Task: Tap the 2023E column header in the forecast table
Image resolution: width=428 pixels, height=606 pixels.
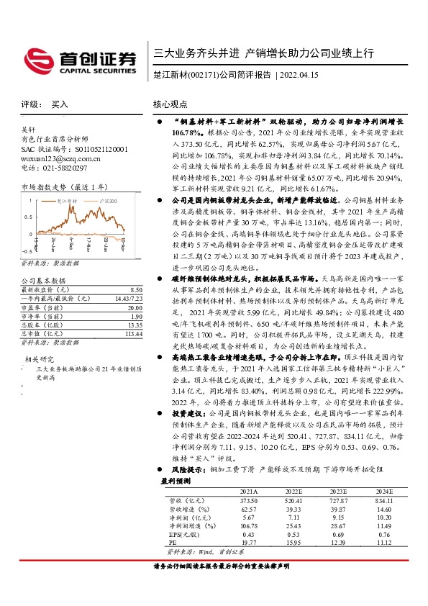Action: click(340, 491)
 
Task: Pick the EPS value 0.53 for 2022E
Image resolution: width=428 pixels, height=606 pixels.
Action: click(293, 535)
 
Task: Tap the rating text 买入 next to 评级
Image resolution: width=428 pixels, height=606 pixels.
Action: click(60, 104)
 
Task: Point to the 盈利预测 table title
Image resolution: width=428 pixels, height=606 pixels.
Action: click(176, 481)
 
